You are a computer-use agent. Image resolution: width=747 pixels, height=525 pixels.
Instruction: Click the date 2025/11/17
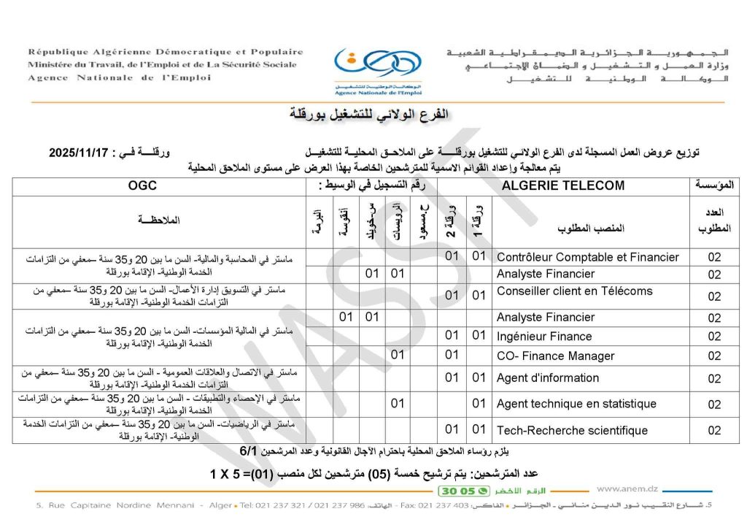(x=82, y=153)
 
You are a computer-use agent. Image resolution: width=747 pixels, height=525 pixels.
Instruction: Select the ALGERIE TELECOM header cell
(x=563, y=185)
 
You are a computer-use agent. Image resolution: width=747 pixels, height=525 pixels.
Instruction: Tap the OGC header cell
(x=143, y=185)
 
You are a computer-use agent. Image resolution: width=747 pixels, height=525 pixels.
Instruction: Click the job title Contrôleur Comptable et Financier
(x=587, y=257)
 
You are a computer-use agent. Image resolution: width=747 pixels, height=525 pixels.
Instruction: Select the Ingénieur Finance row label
(x=544, y=337)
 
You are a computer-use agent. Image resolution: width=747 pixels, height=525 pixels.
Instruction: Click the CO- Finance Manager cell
(x=555, y=356)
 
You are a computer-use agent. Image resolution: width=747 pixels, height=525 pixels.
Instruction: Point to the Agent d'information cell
(x=547, y=378)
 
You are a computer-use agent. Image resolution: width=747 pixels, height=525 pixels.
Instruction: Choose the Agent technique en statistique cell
(x=576, y=404)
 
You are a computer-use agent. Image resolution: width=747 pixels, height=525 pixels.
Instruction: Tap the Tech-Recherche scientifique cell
(x=572, y=430)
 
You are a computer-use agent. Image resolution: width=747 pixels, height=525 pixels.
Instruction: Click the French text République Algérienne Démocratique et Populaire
(x=166, y=52)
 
